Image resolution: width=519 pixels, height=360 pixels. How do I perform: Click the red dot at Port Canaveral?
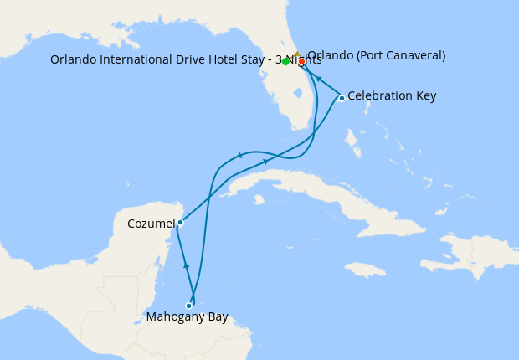pos(301,61)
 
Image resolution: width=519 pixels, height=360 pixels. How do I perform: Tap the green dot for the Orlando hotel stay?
pos(286,61)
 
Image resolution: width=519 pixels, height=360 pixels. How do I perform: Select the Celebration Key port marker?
pos(342,98)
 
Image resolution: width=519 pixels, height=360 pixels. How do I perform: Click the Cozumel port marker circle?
pos(180,223)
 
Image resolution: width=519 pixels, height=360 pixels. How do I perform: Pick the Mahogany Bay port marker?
pos(188,306)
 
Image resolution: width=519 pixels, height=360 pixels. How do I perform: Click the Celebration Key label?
pos(392,96)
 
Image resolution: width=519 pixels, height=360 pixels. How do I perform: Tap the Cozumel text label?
pos(151,224)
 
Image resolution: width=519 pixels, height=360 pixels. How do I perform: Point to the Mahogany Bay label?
pos(187,318)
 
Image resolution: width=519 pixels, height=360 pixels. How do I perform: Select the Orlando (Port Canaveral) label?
pos(376,56)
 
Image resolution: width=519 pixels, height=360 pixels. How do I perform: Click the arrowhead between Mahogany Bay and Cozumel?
pos(186,265)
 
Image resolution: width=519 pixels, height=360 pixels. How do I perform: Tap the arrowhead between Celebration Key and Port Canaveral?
pos(319,79)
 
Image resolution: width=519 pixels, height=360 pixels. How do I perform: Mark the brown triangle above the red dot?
pos(296,54)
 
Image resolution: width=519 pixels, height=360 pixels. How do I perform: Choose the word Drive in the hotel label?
pos(185,59)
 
